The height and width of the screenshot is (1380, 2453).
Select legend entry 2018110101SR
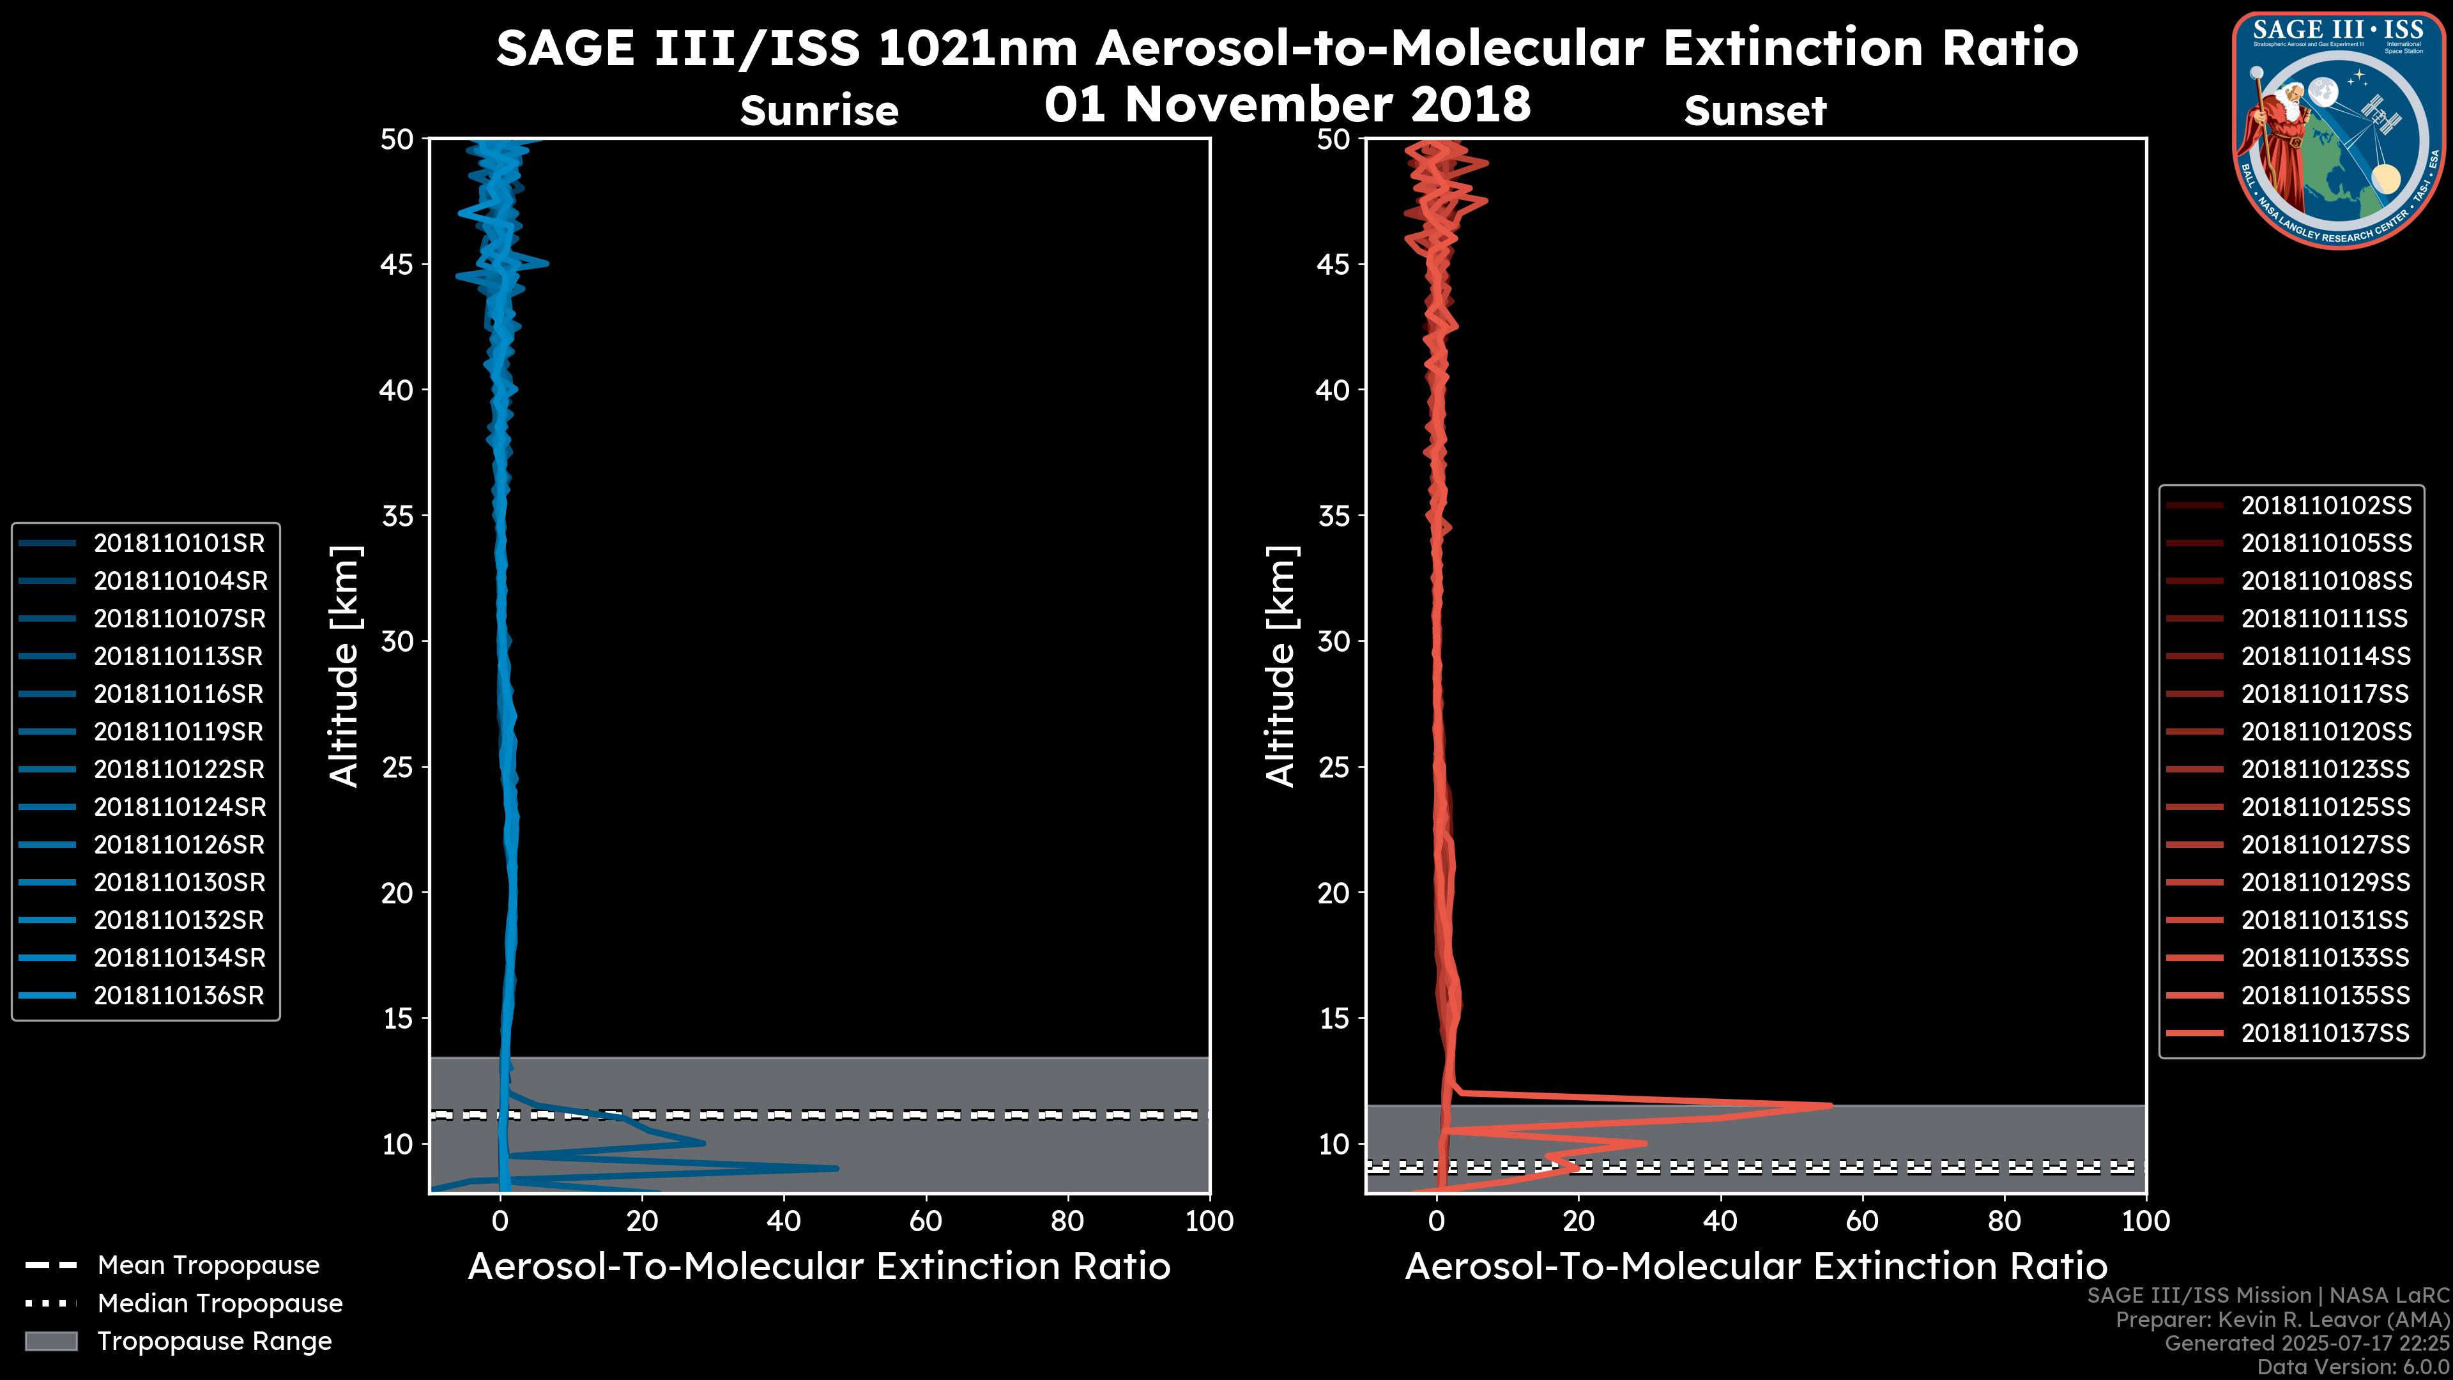178,543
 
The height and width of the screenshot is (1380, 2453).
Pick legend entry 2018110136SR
178,995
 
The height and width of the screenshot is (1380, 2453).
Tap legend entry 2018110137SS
2325,1033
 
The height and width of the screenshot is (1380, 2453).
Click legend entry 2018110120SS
2325,732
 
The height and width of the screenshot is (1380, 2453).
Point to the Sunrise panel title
819,111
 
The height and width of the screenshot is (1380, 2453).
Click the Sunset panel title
1755,111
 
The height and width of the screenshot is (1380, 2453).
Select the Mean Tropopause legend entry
208,1265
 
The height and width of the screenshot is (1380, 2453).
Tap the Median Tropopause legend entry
219,1303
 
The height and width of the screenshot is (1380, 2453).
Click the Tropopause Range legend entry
214,1341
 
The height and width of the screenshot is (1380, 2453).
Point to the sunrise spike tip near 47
837,1168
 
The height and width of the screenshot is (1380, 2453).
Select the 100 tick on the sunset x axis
2146,1221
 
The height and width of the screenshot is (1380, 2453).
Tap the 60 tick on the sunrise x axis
926,1221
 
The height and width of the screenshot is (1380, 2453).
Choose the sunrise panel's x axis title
819,1266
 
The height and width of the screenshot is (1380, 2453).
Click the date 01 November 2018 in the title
1287,103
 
